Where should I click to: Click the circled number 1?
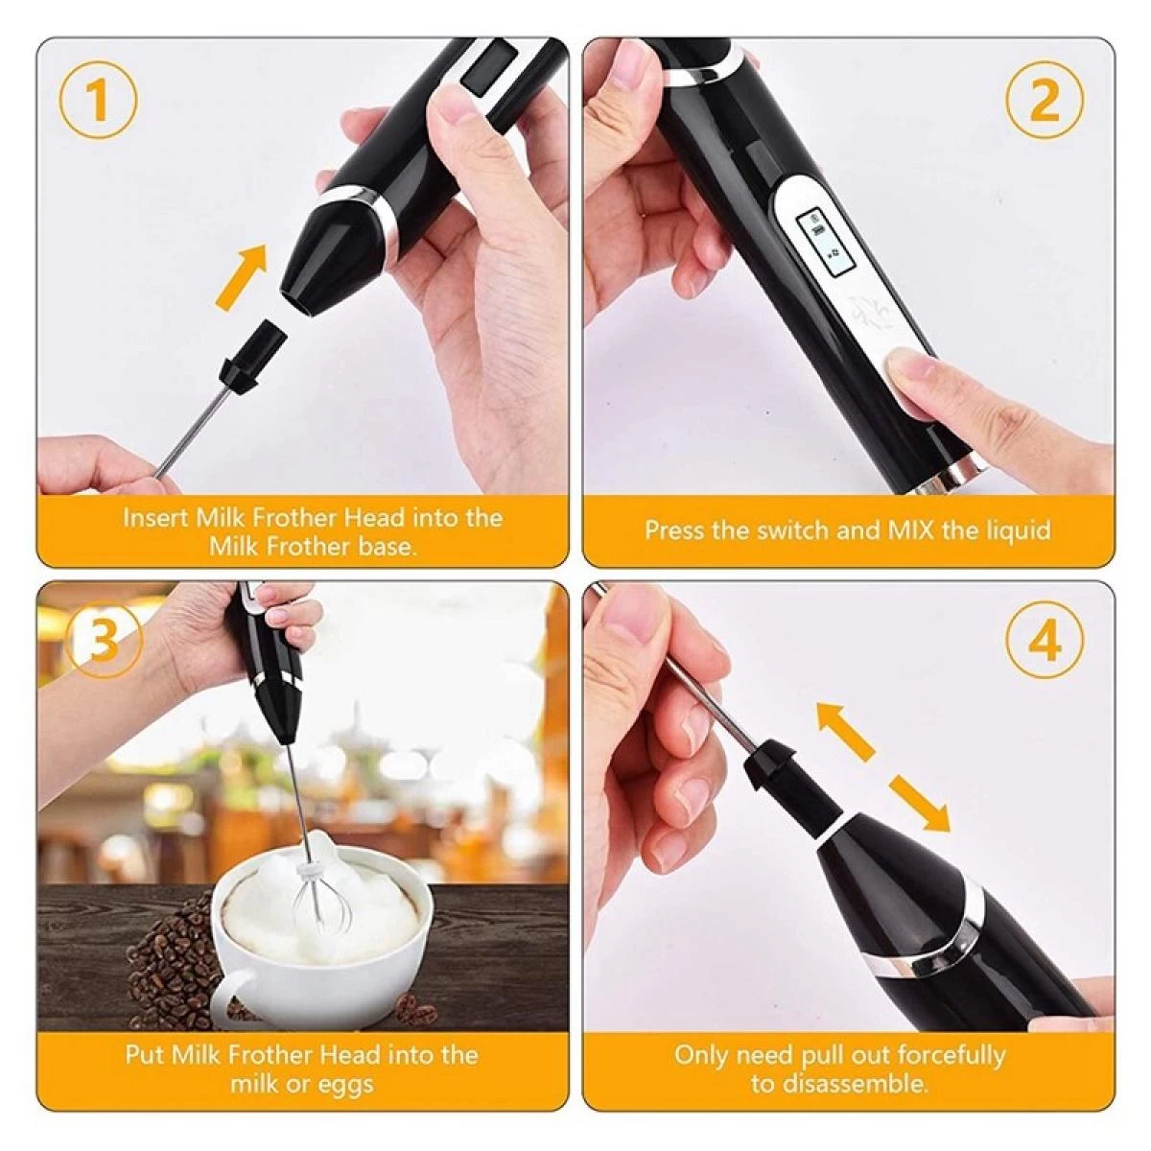tap(98, 99)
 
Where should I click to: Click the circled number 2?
tap(1045, 99)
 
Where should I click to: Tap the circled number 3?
tap(103, 639)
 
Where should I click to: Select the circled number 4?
tap(1045, 639)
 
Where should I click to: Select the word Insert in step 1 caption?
tap(156, 518)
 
